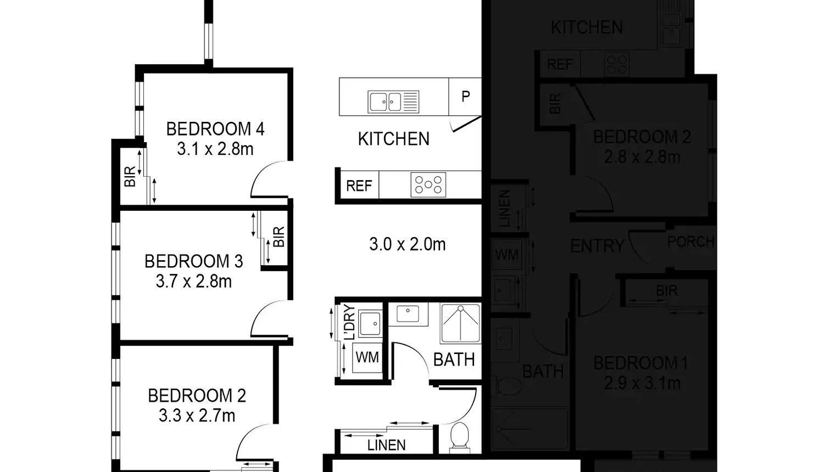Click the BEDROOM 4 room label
[215, 129]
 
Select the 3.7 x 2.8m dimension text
[193, 282]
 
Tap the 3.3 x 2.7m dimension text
[197, 416]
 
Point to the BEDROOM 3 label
[193, 261]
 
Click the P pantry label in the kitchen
[465, 97]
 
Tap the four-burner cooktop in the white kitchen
[428, 185]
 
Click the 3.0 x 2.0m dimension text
[407, 244]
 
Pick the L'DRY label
[349, 323]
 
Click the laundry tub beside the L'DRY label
[370, 323]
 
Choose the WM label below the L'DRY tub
[367, 358]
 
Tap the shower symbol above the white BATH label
[460, 323]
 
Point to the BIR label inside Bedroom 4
[130, 177]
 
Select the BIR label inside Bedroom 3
[279, 237]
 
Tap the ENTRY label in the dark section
[597, 246]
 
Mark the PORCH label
[690, 241]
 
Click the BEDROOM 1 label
[641, 363]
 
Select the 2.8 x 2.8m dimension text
[642, 158]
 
